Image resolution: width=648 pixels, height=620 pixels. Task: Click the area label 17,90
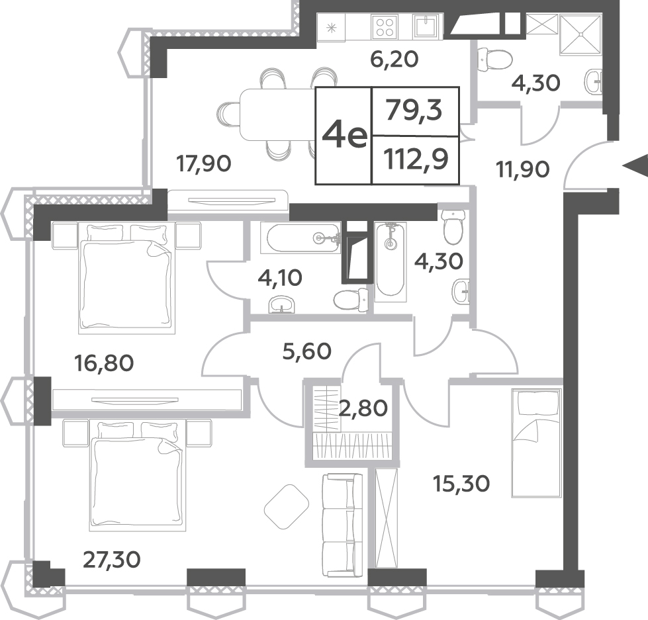click(204, 163)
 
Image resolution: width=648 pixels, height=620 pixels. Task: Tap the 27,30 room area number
click(112, 560)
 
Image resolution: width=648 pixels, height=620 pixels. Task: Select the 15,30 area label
click(461, 483)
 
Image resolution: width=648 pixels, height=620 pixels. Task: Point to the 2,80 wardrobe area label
click(363, 408)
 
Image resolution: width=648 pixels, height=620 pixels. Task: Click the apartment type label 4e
click(345, 136)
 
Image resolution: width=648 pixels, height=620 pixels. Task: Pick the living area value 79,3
click(414, 111)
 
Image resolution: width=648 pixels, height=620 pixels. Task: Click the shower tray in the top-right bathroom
click(580, 34)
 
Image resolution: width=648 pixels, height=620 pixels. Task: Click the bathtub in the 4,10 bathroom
click(301, 238)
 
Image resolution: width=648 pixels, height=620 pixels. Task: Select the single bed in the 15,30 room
click(537, 443)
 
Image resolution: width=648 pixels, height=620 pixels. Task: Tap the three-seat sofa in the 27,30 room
click(342, 525)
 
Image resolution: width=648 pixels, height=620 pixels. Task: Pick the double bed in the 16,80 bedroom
click(126, 279)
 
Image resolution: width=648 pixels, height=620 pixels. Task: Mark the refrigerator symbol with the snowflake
click(330, 28)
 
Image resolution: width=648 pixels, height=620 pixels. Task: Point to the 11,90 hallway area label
click(523, 169)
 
